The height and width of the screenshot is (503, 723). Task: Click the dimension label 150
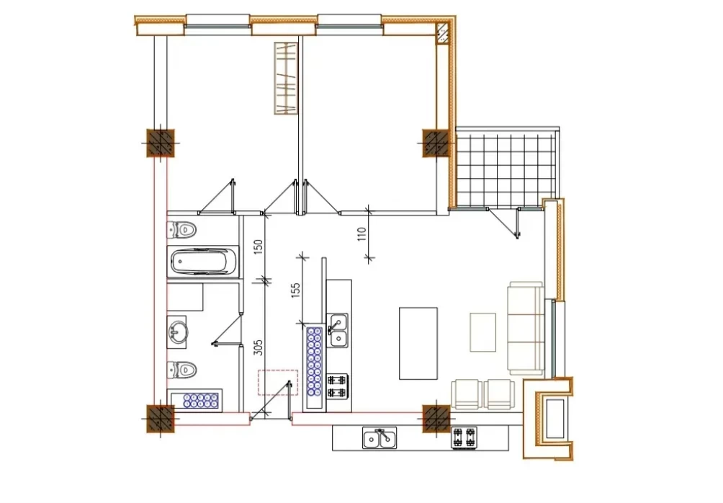pyautogui.click(x=259, y=246)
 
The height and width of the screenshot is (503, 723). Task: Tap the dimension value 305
pyautogui.click(x=259, y=347)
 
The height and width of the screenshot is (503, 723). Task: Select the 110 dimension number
pyautogui.click(x=361, y=233)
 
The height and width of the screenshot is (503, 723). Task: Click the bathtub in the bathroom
pyautogui.click(x=203, y=262)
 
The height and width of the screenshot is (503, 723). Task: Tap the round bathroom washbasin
pyautogui.click(x=178, y=331)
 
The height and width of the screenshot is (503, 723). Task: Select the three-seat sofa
pyautogui.click(x=525, y=328)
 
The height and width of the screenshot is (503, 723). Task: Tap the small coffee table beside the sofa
pyautogui.click(x=482, y=331)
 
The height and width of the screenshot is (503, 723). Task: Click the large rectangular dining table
pyautogui.click(x=418, y=343)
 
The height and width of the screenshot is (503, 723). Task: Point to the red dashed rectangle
pyautogui.click(x=277, y=382)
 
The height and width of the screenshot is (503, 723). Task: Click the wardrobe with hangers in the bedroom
pyautogui.click(x=286, y=78)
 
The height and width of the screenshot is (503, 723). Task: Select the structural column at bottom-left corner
pyautogui.click(x=161, y=419)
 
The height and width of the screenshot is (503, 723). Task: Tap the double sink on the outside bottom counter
pyautogui.click(x=380, y=438)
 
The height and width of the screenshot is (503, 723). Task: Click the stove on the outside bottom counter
pyautogui.click(x=464, y=437)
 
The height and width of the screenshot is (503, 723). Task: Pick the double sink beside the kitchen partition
pyautogui.click(x=338, y=331)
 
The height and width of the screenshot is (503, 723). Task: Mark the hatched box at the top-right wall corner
pyautogui.click(x=442, y=34)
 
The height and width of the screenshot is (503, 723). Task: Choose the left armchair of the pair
pyautogui.click(x=467, y=395)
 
